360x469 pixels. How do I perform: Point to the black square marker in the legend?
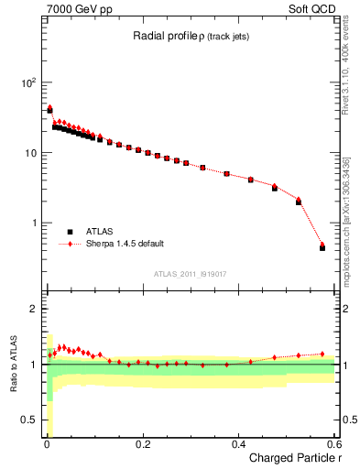[x=71, y=232]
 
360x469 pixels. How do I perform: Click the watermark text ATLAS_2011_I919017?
[x=191, y=273]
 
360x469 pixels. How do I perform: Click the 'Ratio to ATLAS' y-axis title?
[x=14, y=364]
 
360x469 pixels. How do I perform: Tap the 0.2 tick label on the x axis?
[x=142, y=444]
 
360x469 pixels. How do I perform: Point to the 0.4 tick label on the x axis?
[x=238, y=444]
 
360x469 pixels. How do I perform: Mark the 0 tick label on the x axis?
[x=46, y=444]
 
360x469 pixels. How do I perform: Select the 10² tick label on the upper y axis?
[x=28, y=82]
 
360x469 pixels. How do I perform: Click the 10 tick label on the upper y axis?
[x=30, y=153]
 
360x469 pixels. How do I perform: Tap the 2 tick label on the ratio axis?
[x=34, y=309]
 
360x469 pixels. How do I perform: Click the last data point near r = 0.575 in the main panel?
[x=322, y=246]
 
